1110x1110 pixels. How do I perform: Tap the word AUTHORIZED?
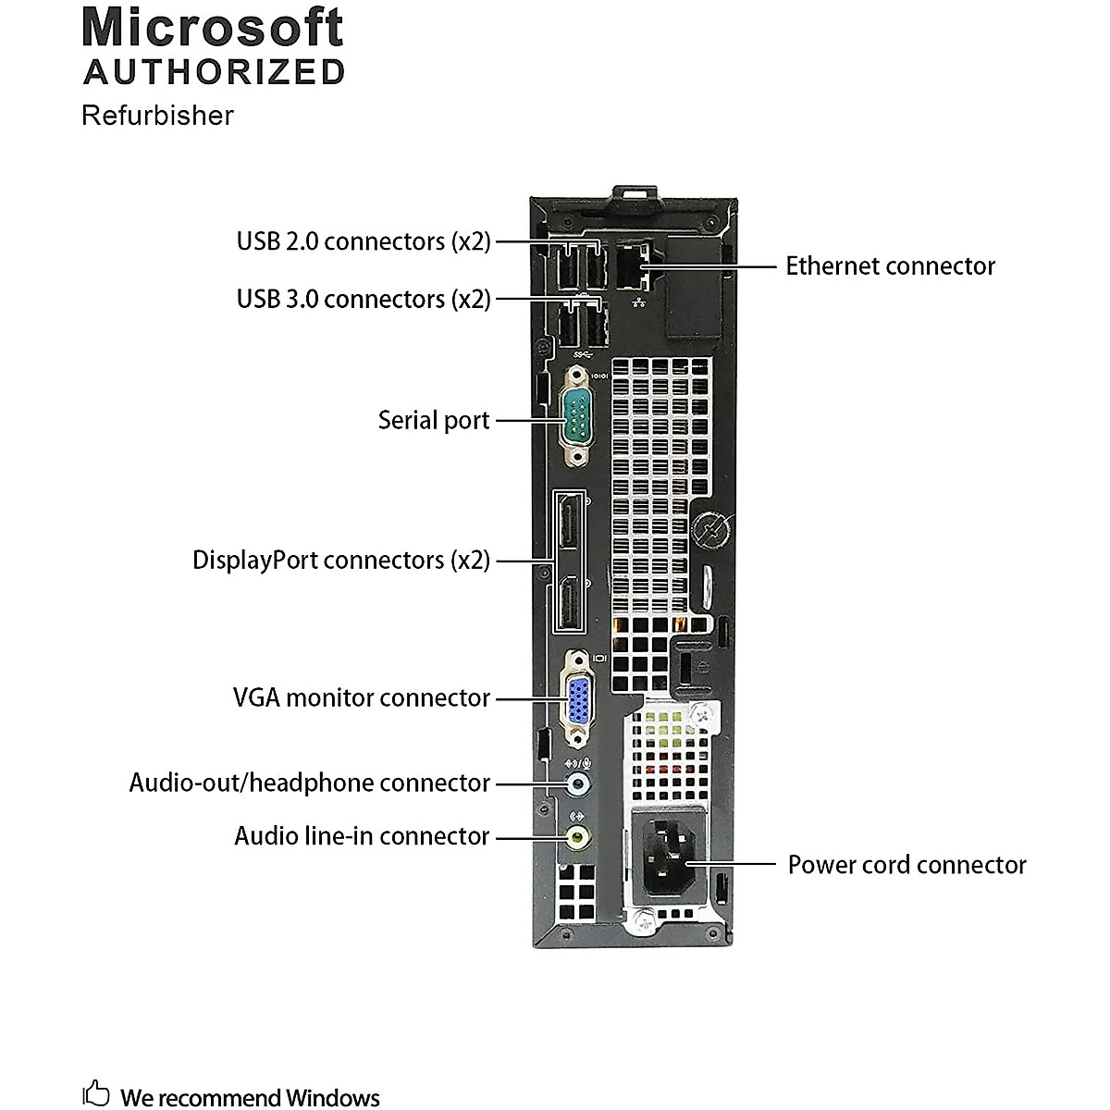(x=215, y=72)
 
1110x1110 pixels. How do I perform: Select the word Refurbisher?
(x=157, y=116)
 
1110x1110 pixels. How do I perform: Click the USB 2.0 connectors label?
(x=364, y=241)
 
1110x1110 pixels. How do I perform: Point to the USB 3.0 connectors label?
(x=364, y=300)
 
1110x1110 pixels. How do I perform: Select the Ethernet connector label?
(x=890, y=266)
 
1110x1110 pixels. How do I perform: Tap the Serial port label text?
(x=433, y=420)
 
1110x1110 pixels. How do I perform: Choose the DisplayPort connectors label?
(x=340, y=561)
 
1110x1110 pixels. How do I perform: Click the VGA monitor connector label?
(x=361, y=697)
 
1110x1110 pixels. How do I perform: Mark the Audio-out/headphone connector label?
(x=309, y=783)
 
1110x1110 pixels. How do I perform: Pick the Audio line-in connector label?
(x=361, y=836)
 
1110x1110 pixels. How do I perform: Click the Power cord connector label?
(x=906, y=865)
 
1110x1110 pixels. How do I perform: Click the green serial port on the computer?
(x=576, y=419)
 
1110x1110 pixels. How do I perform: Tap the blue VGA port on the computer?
(x=578, y=698)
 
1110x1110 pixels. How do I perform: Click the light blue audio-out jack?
(x=578, y=784)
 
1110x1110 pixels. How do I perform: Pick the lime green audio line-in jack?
(x=578, y=837)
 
